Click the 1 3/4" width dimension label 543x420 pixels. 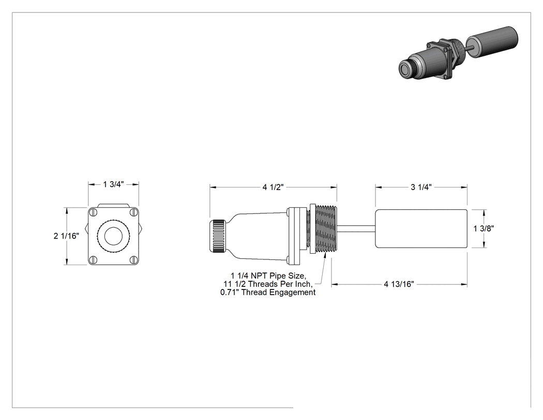[x=113, y=184]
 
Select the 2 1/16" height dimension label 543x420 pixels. [x=66, y=236]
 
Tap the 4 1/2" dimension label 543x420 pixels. [x=273, y=187]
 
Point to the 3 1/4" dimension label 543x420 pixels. [x=421, y=187]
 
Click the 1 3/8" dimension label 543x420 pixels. [x=484, y=228]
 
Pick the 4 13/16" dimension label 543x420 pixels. [x=399, y=284]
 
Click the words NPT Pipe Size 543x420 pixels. [x=278, y=276]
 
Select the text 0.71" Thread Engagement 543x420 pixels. [x=268, y=293]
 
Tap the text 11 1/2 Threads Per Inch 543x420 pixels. [x=268, y=284]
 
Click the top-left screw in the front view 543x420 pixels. [x=93, y=212]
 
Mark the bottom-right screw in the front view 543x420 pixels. [x=133, y=260]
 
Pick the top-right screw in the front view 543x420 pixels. [x=133, y=212]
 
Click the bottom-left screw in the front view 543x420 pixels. [x=93, y=260]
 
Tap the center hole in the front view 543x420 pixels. [x=114, y=236]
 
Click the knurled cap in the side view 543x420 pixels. [x=218, y=236]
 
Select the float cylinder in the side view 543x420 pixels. [x=421, y=228]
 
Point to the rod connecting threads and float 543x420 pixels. [x=356, y=228]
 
